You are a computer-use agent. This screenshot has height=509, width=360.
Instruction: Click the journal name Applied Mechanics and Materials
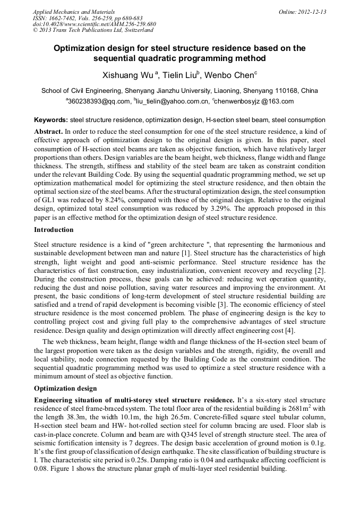(67, 12)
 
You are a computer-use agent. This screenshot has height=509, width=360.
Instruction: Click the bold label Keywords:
(51, 120)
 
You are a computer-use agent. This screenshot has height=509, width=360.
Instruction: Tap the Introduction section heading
(54, 230)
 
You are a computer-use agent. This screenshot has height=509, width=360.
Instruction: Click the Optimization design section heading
(66, 388)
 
